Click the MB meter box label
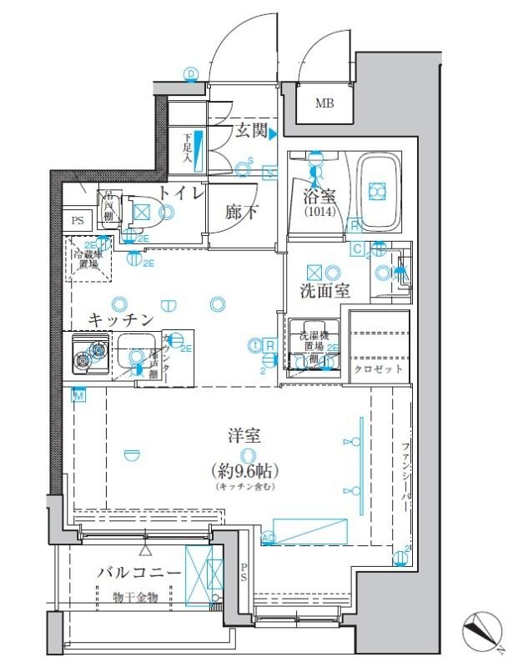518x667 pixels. point(323,103)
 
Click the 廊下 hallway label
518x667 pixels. point(242,213)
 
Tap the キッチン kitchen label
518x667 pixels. point(121,319)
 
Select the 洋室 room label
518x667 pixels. point(245,435)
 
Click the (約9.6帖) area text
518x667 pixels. point(246,469)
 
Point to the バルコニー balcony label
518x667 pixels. point(138,573)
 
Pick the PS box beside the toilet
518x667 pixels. point(77,221)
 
